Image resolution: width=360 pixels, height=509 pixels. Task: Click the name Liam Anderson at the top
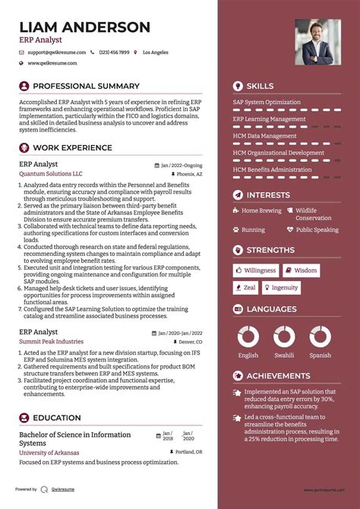coord(84,27)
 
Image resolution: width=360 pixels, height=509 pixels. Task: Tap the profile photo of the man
coord(317,42)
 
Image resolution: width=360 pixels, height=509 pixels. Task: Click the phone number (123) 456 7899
coord(115,52)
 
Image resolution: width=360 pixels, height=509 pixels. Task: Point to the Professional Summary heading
coord(86,86)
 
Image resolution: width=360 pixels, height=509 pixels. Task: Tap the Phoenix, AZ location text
coord(189,174)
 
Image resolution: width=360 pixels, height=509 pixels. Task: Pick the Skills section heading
coord(260,86)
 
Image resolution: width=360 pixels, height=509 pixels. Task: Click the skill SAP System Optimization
coord(267,103)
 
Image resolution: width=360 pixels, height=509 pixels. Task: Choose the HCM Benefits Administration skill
coord(272,169)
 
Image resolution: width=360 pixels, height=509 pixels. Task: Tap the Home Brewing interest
coord(261,210)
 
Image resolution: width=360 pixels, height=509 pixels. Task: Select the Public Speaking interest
coord(317,229)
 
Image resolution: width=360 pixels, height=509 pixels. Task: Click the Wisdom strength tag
coord(302,270)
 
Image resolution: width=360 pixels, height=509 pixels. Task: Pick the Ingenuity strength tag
coord(281,288)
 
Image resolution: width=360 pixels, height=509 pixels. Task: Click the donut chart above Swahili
coord(284,337)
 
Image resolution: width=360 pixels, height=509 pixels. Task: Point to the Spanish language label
coord(320,355)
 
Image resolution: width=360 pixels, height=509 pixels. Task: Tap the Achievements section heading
coord(276,375)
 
